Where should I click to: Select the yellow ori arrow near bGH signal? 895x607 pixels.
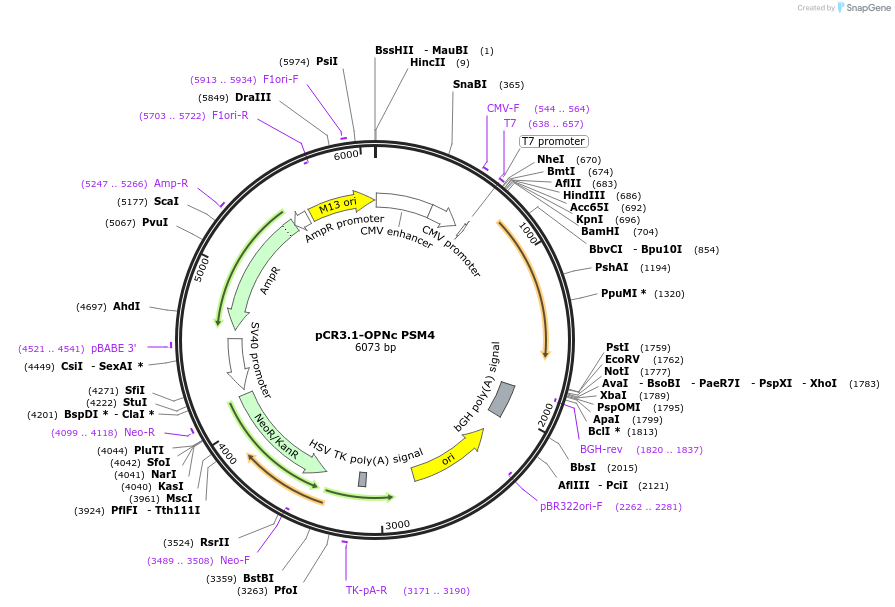[x=446, y=455]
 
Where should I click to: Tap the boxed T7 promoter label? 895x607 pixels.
[x=553, y=141]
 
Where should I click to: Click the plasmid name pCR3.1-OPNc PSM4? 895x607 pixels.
[x=375, y=335]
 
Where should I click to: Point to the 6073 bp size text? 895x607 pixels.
[x=375, y=348]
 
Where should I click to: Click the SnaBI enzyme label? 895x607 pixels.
[x=469, y=85]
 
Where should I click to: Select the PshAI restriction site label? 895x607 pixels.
[x=611, y=267]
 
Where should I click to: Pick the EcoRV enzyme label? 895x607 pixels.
[x=622, y=359]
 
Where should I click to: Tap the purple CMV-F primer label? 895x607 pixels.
[x=503, y=108]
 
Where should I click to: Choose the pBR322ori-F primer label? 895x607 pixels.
[x=571, y=506]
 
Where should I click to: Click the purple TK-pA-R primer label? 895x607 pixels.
[x=366, y=590]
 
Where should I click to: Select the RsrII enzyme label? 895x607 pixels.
[x=214, y=543]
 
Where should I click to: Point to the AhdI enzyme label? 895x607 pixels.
[x=127, y=306]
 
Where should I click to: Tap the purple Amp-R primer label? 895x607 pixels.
[x=170, y=183]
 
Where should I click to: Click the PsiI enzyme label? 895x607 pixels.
[x=327, y=61]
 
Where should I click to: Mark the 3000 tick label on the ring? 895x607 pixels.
[x=398, y=525]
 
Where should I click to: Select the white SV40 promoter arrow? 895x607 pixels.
[x=238, y=363]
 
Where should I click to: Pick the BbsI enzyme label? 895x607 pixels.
[x=583, y=467]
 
